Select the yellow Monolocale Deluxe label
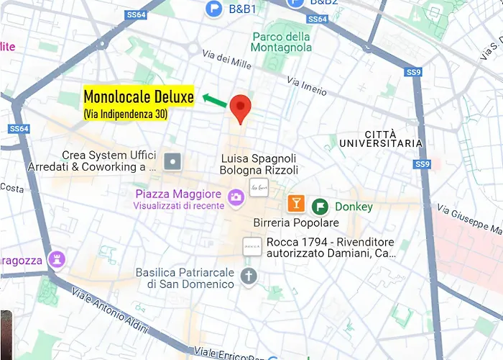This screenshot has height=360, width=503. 139,96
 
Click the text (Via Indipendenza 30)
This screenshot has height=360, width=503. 126,114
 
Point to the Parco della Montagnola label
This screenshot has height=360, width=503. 282,42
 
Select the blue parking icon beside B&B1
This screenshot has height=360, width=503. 213,9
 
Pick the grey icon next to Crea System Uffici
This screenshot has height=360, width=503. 172,161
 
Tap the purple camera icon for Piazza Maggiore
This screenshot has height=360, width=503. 235,197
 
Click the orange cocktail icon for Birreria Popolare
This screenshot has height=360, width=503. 295,203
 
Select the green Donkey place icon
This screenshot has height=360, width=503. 319,207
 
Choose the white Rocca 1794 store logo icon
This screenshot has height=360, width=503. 251,246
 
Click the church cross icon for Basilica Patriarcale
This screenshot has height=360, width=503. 249,276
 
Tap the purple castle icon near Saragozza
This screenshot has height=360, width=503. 57,258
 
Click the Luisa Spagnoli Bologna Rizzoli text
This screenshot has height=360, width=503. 259,164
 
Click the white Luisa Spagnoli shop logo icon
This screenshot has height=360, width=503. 258,189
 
